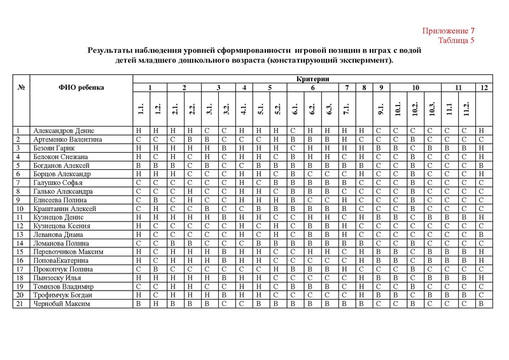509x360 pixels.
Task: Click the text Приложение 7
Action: point(450,31)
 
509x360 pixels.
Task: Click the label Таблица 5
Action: point(457,41)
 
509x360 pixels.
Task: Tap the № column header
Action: point(22,87)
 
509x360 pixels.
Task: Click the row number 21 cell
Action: point(20,304)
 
